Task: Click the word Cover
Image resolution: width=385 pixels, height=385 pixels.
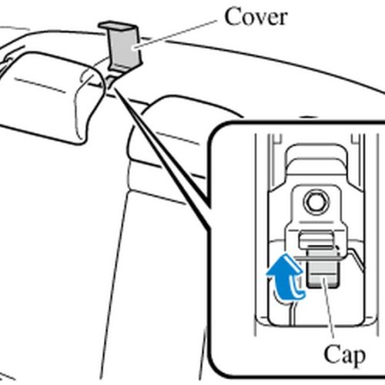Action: [255, 16]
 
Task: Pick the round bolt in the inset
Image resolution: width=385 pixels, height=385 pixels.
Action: [315, 202]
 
